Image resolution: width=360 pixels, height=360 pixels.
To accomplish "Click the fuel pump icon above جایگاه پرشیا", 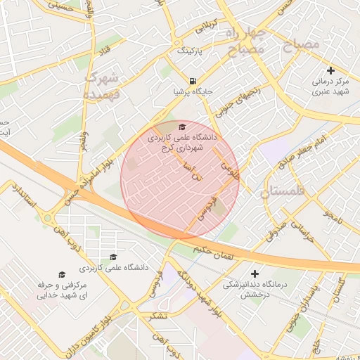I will click(x=193, y=80).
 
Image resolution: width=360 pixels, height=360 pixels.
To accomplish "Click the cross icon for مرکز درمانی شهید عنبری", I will click(x=331, y=70).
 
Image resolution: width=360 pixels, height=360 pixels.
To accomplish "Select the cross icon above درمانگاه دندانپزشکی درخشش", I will click(x=255, y=274).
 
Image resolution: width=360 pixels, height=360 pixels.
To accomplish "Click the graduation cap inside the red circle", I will click(x=183, y=127).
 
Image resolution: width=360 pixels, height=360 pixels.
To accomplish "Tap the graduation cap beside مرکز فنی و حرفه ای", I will click(x=60, y=274).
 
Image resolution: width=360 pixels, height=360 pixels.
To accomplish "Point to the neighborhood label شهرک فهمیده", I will click(x=103, y=84).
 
